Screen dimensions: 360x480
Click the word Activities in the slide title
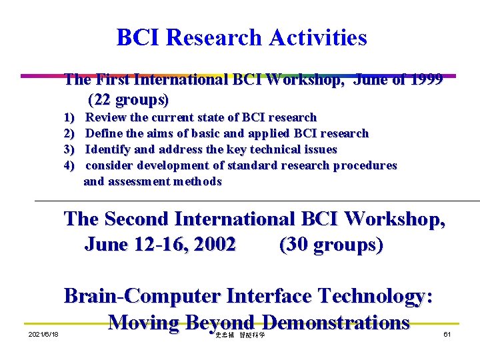[x=318, y=37]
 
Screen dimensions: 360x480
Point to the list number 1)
[x=69, y=117]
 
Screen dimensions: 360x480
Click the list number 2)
[x=69, y=133]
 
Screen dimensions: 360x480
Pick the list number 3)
[x=69, y=149]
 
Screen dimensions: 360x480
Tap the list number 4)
[x=69, y=165]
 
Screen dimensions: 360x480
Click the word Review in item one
[x=107, y=117]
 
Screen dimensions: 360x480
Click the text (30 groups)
[x=331, y=245]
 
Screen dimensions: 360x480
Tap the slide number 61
[x=447, y=334]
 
